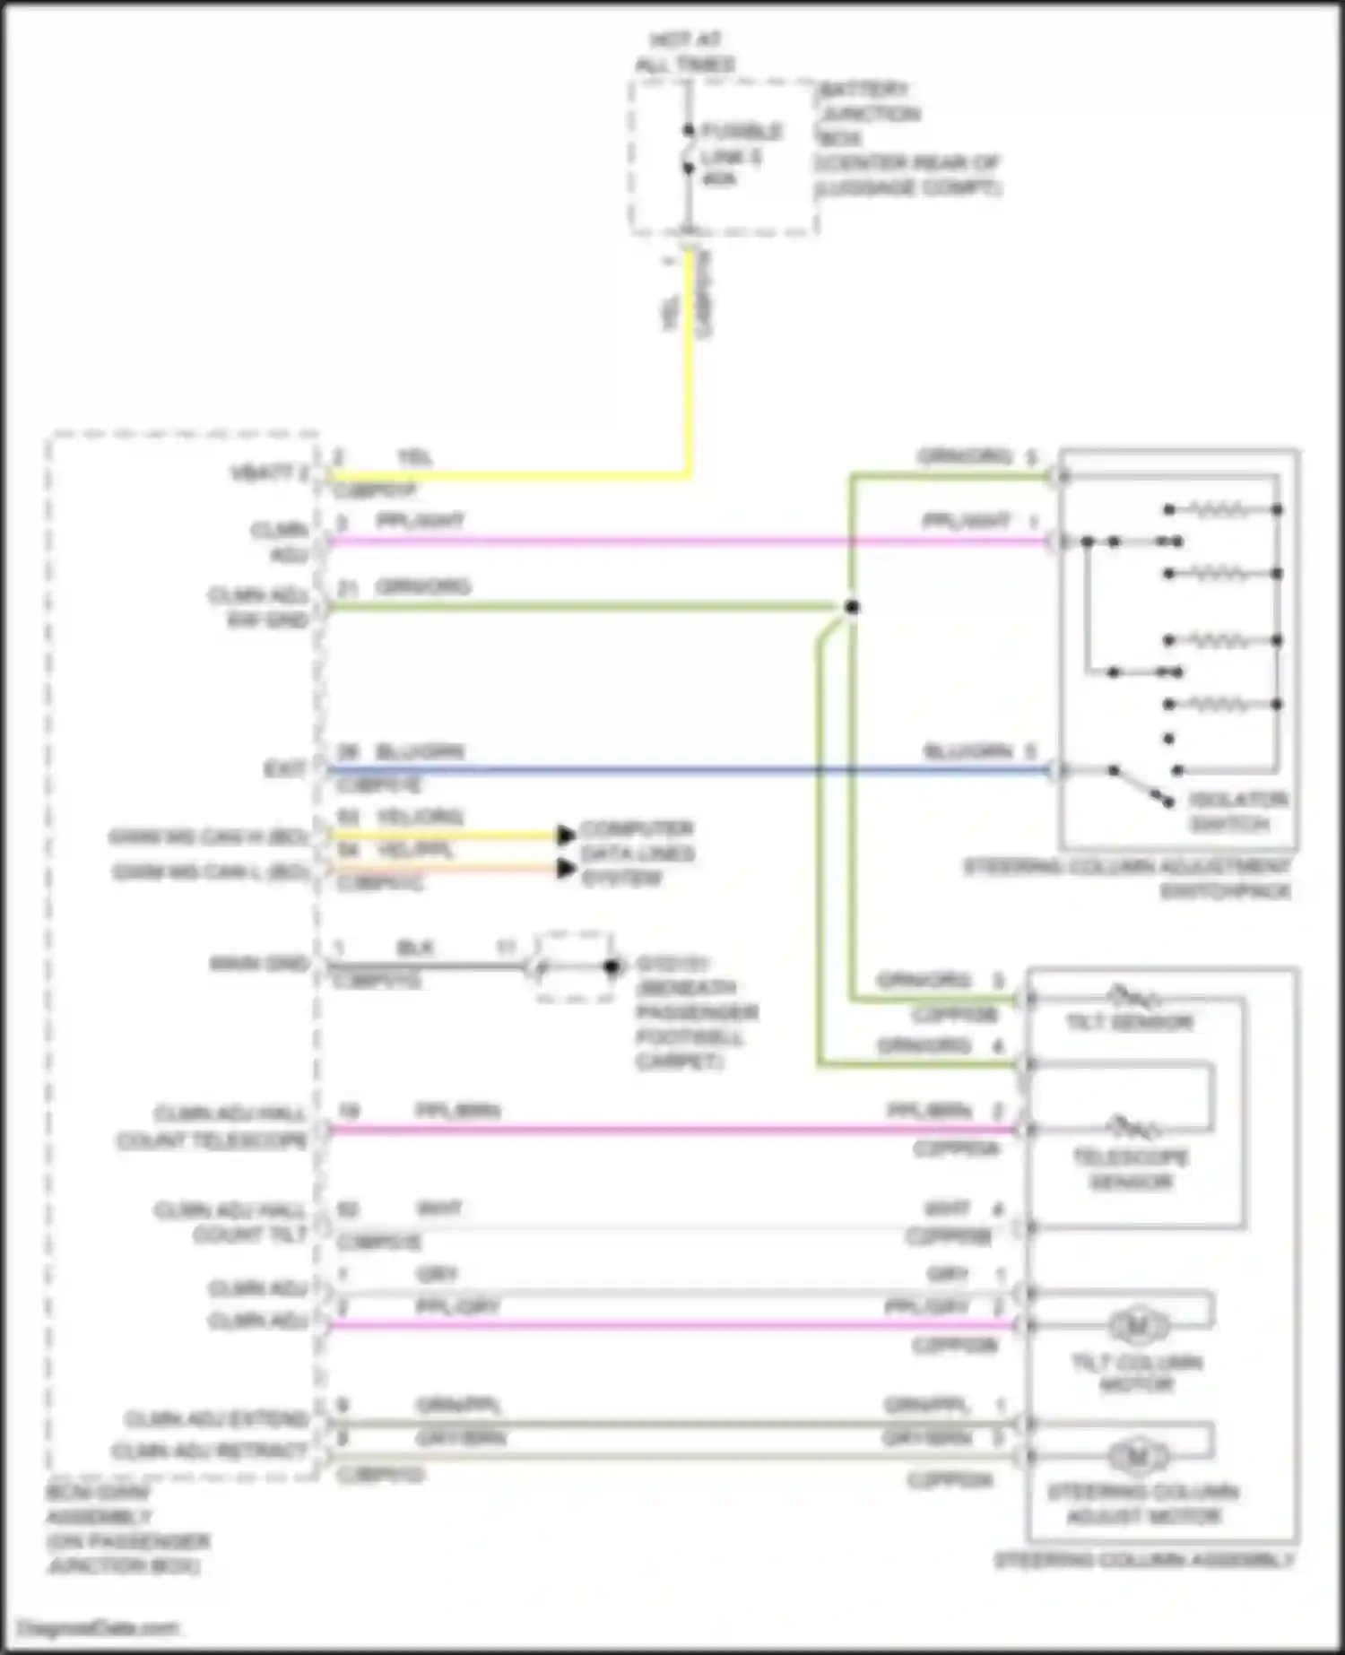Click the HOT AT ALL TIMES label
[686, 52]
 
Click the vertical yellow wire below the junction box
[690, 359]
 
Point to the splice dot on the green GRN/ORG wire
[852, 608]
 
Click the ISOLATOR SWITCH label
[1237, 811]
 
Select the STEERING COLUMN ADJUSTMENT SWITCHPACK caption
[1128, 879]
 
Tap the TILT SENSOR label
[1129, 1023]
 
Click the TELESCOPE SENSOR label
[1131, 1169]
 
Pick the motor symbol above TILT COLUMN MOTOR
[1137, 1326]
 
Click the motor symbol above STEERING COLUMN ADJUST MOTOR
[1137, 1457]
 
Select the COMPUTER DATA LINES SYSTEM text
[637, 853]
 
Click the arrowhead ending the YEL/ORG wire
[566, 836]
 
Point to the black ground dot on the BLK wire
[612, 967]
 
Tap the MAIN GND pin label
[259, 964]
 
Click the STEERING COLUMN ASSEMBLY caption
[1144, 1560]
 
